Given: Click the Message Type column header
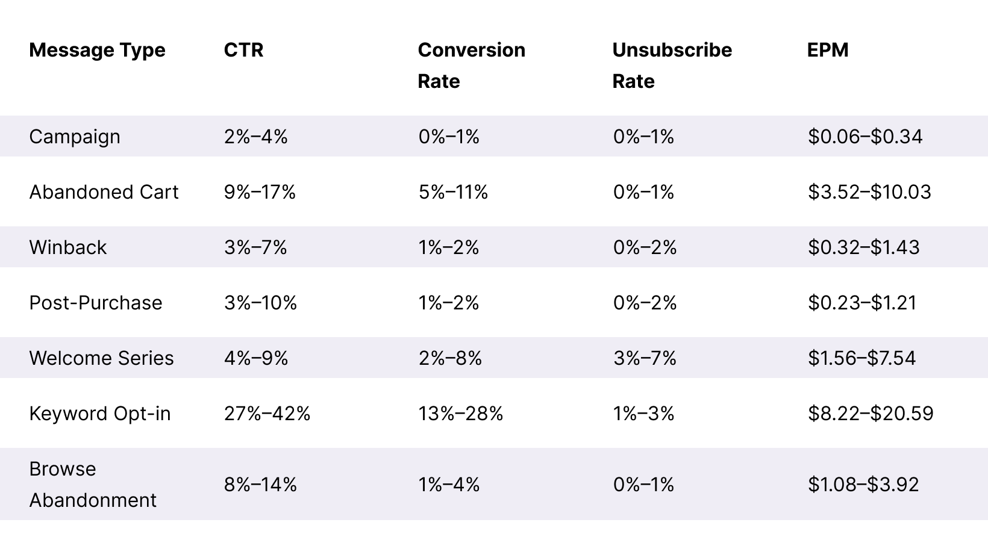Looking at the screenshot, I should [x=97, y=50].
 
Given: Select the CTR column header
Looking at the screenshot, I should [x=243, y=50].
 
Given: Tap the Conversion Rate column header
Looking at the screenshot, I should [x=471, y=65].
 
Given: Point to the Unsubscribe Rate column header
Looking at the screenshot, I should [x=672, y=65].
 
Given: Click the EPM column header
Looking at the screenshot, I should [x=828, y=50].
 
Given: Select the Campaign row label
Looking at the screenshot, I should [x=75, y=137].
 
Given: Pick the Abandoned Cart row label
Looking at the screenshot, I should [x=104, y=192].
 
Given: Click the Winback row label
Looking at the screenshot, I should [x=67, y=247].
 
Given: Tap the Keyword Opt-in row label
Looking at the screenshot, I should [x=100, y=414].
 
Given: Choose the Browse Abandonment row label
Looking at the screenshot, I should [x=93, y=485].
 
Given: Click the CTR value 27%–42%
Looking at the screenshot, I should [x=267, y=414].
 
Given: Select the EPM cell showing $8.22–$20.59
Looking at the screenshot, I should [x=871, y=414].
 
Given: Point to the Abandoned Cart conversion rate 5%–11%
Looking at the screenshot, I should [x=453, y=192].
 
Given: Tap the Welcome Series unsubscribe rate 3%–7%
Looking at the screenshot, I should [x=645, y=358].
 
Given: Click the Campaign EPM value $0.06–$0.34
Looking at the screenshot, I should [x=865, y=137].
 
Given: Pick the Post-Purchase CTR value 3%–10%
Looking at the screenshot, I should [x=260, y=303].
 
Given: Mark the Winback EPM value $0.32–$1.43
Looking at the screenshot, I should [x=864, y=247].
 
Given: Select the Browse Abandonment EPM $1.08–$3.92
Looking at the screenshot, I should [x=863, y=485].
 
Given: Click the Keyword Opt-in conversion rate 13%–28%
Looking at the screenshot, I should [x=461, y=414].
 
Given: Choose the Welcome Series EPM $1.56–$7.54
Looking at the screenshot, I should [x=861, y=358].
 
